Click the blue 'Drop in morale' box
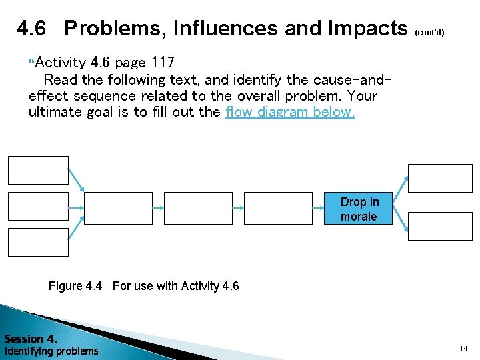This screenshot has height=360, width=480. tap(359, 209)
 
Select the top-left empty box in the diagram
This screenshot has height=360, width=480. tap(38, 170)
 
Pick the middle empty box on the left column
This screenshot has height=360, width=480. tap(38, 206)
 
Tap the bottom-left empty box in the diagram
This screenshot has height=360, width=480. tap(38, 242)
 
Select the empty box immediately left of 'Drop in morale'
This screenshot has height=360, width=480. tap(278, 208)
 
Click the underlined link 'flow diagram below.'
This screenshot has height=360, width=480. tap(290, 112)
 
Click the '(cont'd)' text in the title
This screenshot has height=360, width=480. tap(429, 32)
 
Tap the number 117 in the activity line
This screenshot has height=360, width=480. tap(163, 63)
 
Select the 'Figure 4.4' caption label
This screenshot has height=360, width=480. tap(75, 286)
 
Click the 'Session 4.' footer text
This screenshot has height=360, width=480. tap(31, 339)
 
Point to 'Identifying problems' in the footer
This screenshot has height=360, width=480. tap(51, 351)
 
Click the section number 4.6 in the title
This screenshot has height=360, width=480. tap(32, 29)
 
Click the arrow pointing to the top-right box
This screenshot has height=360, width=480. tap(400, 187)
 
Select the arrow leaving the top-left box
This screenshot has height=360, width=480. tap(76, 180)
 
